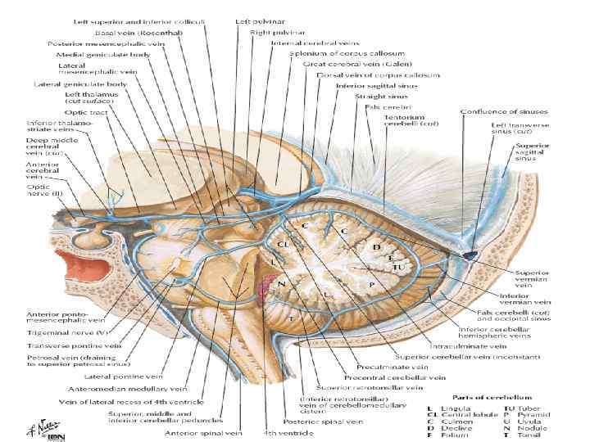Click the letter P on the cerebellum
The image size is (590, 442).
click(x=371, y=282)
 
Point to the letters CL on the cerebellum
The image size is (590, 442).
click(x=283, y=243)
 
